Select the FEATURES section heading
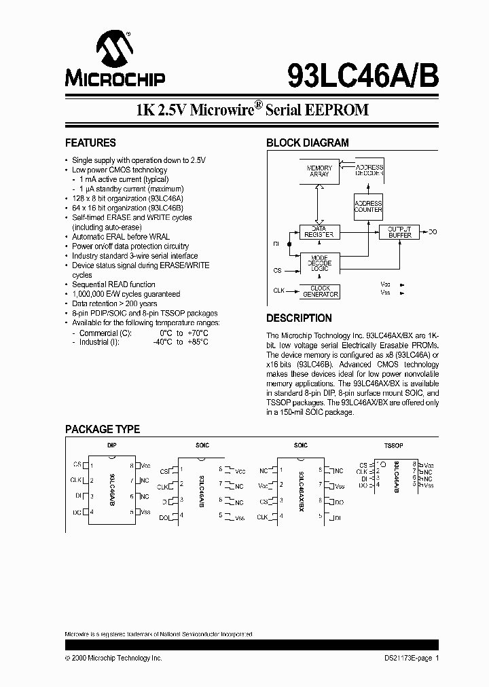pyautogui.click(x=90, y=143)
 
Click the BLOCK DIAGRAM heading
pyautogui.click(x=307, y=143)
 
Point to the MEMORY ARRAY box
pyautogui.click(x=319, y=171)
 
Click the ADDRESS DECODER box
pyautogui.click(x=369, y=170)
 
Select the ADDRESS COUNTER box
pyautogui.click(x=368, y=206)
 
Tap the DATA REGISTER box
pyautogui.click(x=319, y=231)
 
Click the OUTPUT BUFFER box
pyautogui.click(x=399, y=231)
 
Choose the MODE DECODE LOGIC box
pyautogui.click(x=319, y=262)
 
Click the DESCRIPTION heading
pyautogui.click(x=299, y=318)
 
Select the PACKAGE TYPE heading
pyautogui.click(x=103, y=430)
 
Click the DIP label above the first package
pyautogui.click(x=111, y=445)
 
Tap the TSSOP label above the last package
pyautogui.click(x=393, y=445)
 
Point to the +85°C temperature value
pyautogui.click(x=198, y=342)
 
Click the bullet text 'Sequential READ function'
pyautogui.click(x=113, y=284)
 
